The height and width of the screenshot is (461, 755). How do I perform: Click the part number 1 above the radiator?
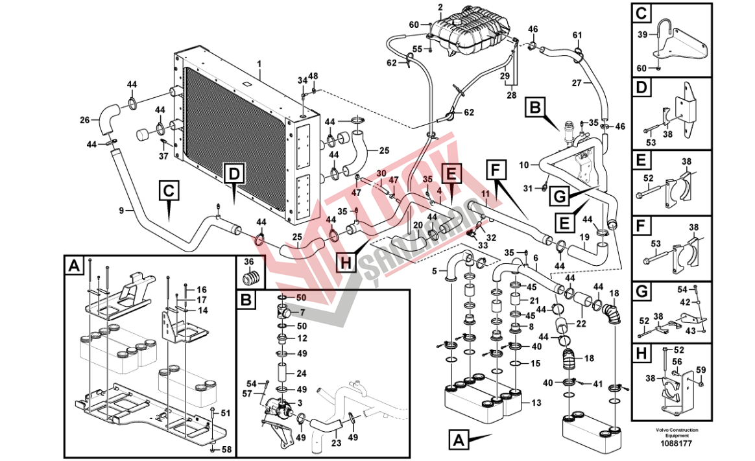pyautogui.click(x=258, y=64)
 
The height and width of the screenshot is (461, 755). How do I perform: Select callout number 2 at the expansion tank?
pyautogui.click(x=440, y=7)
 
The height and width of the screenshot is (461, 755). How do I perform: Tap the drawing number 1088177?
pyautogui.click(x=676, y=443)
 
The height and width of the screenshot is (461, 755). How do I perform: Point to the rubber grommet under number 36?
pyautogui.click(x=250, y=278)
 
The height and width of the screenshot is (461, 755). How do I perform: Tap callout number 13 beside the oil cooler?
pyautogui.click(x=536, y=403)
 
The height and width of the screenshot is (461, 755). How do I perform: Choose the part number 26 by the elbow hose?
pyautogui.click(x=85, y=119)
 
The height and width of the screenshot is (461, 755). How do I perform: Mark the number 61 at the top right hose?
pyautogui.click(x=577, y=34)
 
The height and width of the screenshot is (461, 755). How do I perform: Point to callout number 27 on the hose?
pyautogui.click(x=577, y=82)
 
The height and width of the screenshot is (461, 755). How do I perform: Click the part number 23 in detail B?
pyautogui.click(x=336, y=443)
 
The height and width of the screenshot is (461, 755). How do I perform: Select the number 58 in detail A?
pyautogui.click(x=226, y=449)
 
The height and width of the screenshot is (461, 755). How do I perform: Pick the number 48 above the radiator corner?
pyautogui.click(x=313, y=76)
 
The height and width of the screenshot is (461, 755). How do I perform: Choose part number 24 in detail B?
pyautogui.click(x=302, y=373)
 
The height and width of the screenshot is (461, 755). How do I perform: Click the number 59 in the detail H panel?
pyautogui.click(x=701, y=370)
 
